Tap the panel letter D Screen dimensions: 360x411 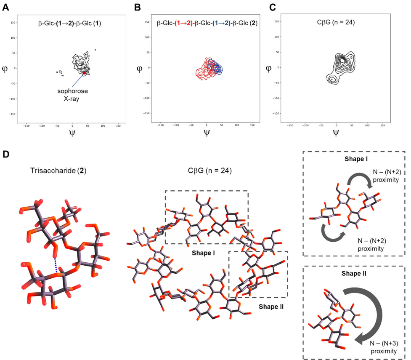[x=6, y=154]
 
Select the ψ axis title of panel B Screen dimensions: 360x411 [x=206, y=133]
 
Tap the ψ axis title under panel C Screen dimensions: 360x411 [x=336, y=133]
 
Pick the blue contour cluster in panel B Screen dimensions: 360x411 [x=217, y=67]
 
